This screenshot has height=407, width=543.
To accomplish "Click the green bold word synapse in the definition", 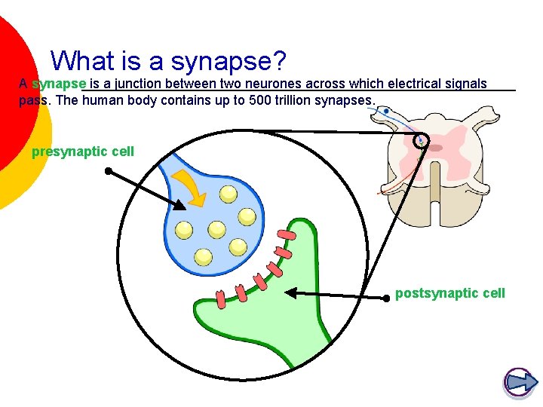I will tap(60, 84).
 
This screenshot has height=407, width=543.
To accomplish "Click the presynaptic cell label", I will tap(83, 151).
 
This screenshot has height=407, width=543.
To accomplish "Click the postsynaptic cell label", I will tap(450, 293).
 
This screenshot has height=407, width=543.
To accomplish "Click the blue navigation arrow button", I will tap(519, 382).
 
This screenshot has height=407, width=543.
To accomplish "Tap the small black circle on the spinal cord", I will tap(420, 140).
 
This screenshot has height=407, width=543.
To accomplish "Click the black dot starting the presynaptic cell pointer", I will tap(108, 171).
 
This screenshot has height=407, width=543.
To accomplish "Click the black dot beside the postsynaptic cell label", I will tap(386, 297).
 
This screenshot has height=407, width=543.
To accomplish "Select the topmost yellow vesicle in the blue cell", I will tap(228, 194).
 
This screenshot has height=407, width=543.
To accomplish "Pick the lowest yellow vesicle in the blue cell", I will tap(203, 256).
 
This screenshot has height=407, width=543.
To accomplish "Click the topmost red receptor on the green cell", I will tap(287, 234).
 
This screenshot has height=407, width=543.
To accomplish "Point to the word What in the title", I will tap(81, 61).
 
